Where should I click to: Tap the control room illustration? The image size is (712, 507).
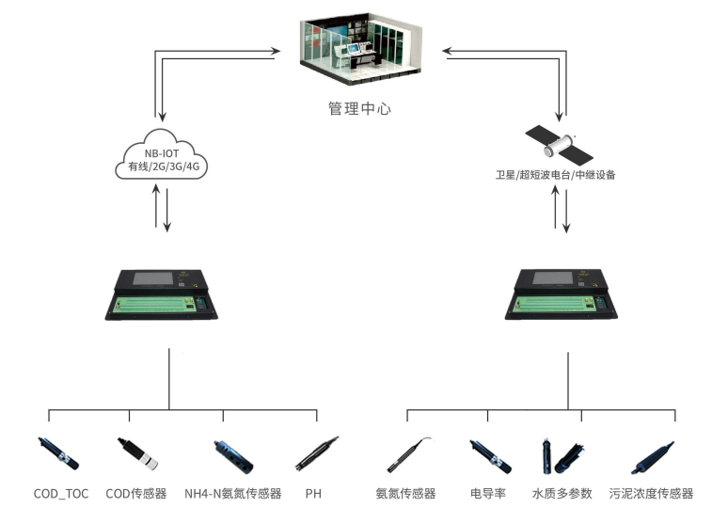358,49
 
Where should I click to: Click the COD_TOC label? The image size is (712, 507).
61,493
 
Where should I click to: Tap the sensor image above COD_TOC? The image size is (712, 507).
58,452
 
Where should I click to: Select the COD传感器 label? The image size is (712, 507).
136,493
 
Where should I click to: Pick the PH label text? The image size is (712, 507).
313,493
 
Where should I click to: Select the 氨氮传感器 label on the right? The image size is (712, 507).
405,493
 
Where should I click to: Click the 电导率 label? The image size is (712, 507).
488,493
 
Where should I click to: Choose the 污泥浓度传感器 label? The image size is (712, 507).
651,493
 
